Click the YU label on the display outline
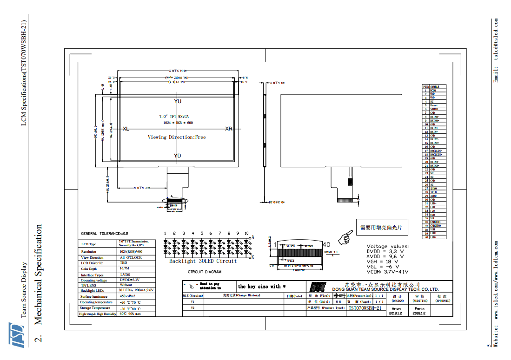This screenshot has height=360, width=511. pos(178,101)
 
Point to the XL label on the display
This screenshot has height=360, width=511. pos(126,129)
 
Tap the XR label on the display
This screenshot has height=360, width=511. pos(229,129)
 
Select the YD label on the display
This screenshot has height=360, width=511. pos(178,156)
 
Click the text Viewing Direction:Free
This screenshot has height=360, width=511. pos(177,137)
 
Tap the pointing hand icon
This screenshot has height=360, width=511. pos(345,237)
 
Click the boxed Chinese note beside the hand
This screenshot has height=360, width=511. pos(381,228)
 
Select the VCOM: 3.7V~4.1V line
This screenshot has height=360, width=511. pos(387,272)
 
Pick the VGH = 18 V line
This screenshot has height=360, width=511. pos(382,262)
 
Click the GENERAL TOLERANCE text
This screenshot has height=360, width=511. pos(102,234)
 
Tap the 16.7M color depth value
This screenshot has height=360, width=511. pos(124,268)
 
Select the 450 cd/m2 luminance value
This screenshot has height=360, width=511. pos(127,296)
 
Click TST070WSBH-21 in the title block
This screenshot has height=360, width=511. pos(365,308)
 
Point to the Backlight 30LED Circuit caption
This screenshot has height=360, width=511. pos(203,261)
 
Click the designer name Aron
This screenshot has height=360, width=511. pos(396,308)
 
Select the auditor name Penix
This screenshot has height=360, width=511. pos(420,308)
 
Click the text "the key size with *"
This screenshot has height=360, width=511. pos(262,287)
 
